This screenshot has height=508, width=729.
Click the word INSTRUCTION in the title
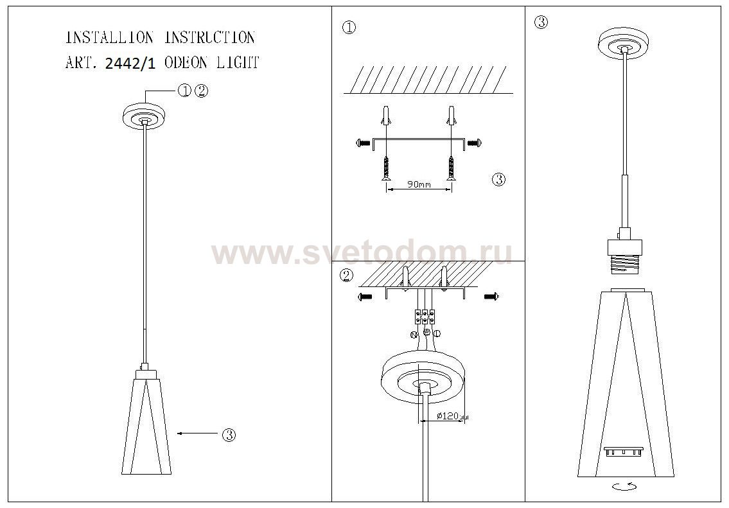(x=209, y=38)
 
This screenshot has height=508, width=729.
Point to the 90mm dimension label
(x=419, y=184)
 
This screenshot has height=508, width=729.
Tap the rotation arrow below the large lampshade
(x=625, y=487)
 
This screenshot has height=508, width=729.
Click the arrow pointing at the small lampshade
(x=197, y=434)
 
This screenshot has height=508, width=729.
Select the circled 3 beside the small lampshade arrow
(x=229, y=435)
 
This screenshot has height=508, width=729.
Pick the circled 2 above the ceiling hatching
(x=346, y=276)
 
